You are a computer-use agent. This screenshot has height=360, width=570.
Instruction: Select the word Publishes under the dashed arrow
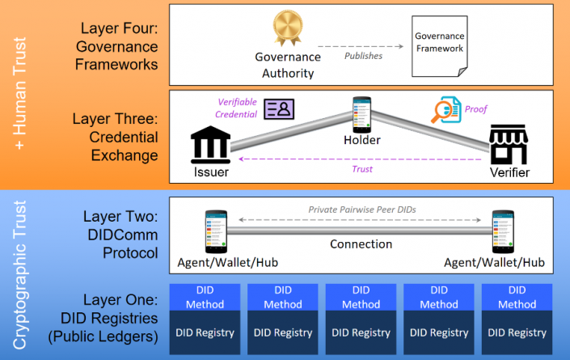(363, 56)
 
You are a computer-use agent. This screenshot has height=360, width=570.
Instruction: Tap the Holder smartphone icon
(361, 113)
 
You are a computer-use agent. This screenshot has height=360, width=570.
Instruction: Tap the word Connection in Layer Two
(361, 244)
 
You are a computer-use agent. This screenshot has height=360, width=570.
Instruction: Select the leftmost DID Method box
(205, 297)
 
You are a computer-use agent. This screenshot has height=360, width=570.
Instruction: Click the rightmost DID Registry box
(517, 332)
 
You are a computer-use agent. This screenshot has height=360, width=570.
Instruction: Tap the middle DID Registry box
(361, 332)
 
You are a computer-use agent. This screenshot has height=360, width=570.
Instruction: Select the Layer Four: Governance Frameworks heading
(114, 44)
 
